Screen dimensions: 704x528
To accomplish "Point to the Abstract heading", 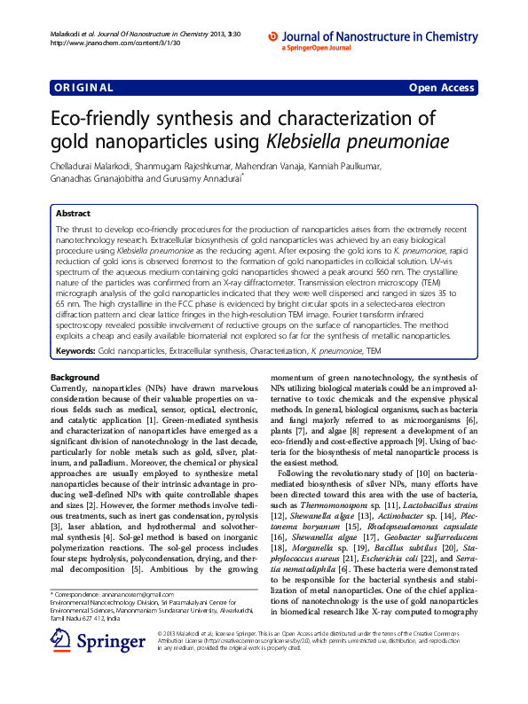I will tap(73, 214).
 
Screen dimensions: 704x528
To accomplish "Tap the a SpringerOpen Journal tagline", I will tap(318, 48).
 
